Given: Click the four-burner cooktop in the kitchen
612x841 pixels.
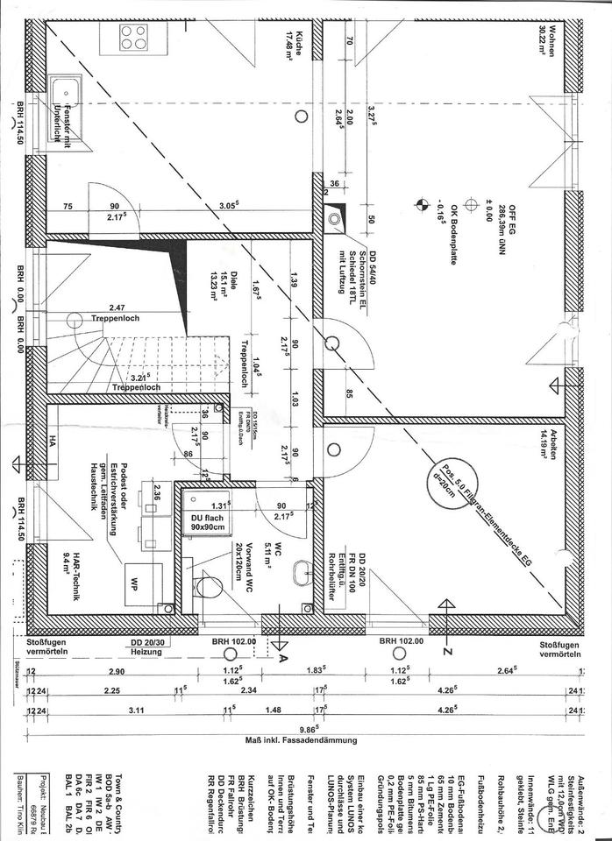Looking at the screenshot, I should click(x=134, y=38).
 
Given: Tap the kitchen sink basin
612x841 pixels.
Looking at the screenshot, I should click(x=65, y=90).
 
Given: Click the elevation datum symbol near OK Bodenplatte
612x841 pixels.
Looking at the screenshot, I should click(x=420, y=206).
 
